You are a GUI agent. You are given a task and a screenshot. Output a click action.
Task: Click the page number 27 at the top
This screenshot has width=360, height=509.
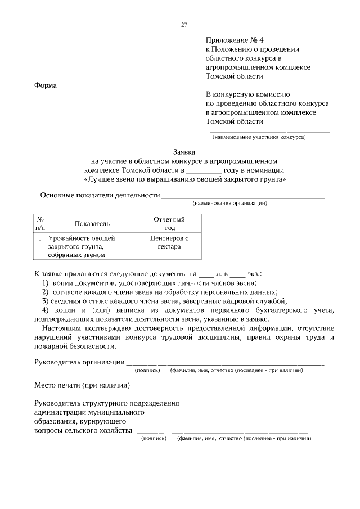click(184, 25)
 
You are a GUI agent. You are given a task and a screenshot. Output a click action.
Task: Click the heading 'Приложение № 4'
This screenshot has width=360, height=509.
click(231, 40)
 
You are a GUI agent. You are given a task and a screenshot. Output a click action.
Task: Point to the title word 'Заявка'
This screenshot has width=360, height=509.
click(184, 152)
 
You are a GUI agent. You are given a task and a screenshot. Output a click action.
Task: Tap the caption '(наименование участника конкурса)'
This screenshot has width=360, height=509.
click(258, 137)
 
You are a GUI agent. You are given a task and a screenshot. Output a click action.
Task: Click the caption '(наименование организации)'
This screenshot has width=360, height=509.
click(229, 203)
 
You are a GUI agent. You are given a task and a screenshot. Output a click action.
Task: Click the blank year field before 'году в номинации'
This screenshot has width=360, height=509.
click(204, 170)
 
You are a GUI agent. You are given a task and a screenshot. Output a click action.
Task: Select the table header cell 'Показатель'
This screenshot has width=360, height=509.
click(92, 224)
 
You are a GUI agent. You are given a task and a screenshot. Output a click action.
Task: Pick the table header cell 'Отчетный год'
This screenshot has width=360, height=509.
click(169, 224)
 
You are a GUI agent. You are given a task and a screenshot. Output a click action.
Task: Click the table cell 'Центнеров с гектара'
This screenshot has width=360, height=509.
click(169, 242)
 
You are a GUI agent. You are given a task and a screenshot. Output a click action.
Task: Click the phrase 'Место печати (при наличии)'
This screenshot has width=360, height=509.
click(82, 385)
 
